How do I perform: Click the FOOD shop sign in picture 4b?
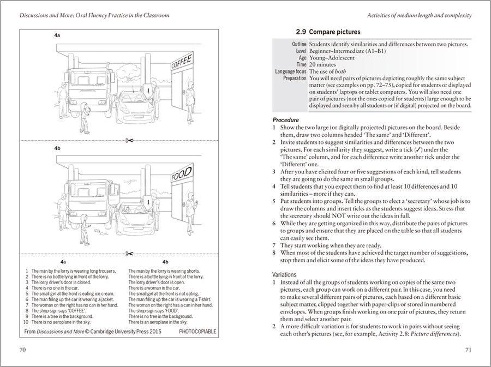pyautogui.click(x=182, y=174)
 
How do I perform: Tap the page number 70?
pyautogui.click(x=22, y=349)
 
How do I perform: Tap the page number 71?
pyautogui.click(x=468, y=349)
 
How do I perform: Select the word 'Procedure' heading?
pyautogui.click(x=285, y=120)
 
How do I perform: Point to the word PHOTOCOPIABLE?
pyautogui.click(x=197, y=331)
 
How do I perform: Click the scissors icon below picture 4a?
pyautogui.click(x=129, y=141)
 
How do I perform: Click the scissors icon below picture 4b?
pyautogui.click(x=129, y=253)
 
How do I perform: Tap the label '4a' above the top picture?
pyautogui.click(x=57, y=35)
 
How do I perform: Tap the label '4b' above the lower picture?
pyautogui.click(x=57, y=148)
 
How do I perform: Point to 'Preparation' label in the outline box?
pyautogui.click(x=291, y=79)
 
